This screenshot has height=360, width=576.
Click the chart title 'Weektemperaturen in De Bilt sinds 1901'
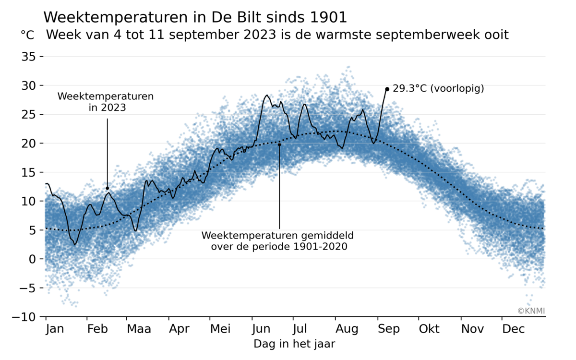[195, 17]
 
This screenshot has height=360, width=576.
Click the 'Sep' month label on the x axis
[389, 329]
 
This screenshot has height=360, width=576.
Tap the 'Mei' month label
[220, 329]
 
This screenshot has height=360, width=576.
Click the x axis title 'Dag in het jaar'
[294, 344]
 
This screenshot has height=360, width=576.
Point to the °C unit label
[28, 35]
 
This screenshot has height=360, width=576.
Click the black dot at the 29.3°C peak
[387, 89]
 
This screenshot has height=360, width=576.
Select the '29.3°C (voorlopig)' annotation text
[438, 88]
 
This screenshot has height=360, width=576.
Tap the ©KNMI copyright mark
[531, 311]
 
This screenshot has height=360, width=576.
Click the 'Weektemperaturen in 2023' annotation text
[106, 102]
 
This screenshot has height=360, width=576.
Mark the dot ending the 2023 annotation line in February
[107, 188]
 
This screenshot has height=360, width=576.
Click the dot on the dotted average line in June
[279, 144]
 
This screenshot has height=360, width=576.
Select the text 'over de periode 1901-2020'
[279, 247]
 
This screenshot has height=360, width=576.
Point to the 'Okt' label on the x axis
[429, 329]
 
